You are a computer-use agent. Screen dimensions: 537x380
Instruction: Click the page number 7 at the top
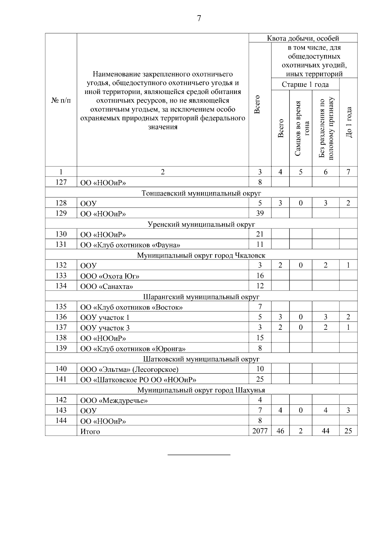[x=199, y=18]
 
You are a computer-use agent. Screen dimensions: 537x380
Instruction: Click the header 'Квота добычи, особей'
[x=303, y=38]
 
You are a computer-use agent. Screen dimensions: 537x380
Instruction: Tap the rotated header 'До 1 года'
[x=349, y=122]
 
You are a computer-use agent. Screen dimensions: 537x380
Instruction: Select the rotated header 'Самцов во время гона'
[x=301, y=128]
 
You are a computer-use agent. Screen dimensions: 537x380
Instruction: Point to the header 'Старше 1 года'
[x=305, y=84]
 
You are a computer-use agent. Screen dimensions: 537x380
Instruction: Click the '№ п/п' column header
[x=61, y=100]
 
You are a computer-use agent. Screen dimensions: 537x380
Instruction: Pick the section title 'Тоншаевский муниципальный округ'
[x=201, y=193]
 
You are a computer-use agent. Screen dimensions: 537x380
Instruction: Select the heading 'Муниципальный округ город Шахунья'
[x=201, y=390]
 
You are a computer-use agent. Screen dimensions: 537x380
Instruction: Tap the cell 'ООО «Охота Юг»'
[x=110, y=276]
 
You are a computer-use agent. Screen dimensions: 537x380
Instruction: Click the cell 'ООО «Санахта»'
[x=106, y=287]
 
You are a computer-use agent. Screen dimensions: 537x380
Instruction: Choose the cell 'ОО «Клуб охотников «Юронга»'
[x=133, y=349]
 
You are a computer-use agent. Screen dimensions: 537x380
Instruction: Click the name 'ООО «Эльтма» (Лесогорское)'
[x=129, y=369]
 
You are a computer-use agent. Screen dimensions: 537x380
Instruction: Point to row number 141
[x=61, y=379]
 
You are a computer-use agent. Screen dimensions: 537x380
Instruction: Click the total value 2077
[x=260, y=431]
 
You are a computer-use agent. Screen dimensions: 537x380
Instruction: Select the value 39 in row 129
[x=260, y=213]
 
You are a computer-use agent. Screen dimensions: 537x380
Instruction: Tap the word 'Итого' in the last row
[x=90, y=432]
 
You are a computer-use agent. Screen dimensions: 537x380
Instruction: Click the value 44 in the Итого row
[x=325, y=431]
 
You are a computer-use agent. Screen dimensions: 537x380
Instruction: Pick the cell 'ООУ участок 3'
[x=105, y=328]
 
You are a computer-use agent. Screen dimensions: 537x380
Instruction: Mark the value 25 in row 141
[x=260, y=379]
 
